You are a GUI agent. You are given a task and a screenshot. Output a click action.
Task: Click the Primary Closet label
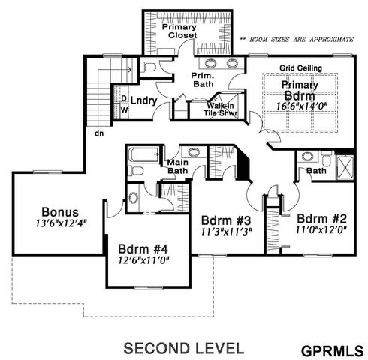point(179,32)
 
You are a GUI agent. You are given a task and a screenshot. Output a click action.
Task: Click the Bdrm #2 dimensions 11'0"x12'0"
point(321,230)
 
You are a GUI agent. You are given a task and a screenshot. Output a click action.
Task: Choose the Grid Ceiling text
point(301,68)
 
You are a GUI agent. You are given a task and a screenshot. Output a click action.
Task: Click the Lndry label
point(143,100)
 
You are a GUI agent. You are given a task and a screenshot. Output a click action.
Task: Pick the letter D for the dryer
point(123,97)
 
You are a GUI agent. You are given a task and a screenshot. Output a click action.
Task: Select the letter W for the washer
point(123,109)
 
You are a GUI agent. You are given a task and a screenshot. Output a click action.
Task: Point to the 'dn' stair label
point(98,133)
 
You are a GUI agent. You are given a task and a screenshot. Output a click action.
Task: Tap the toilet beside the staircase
point(149,67)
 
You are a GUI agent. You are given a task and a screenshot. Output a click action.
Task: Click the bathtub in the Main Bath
point(143,157)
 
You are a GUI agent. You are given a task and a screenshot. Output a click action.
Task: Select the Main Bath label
point(177,166)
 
